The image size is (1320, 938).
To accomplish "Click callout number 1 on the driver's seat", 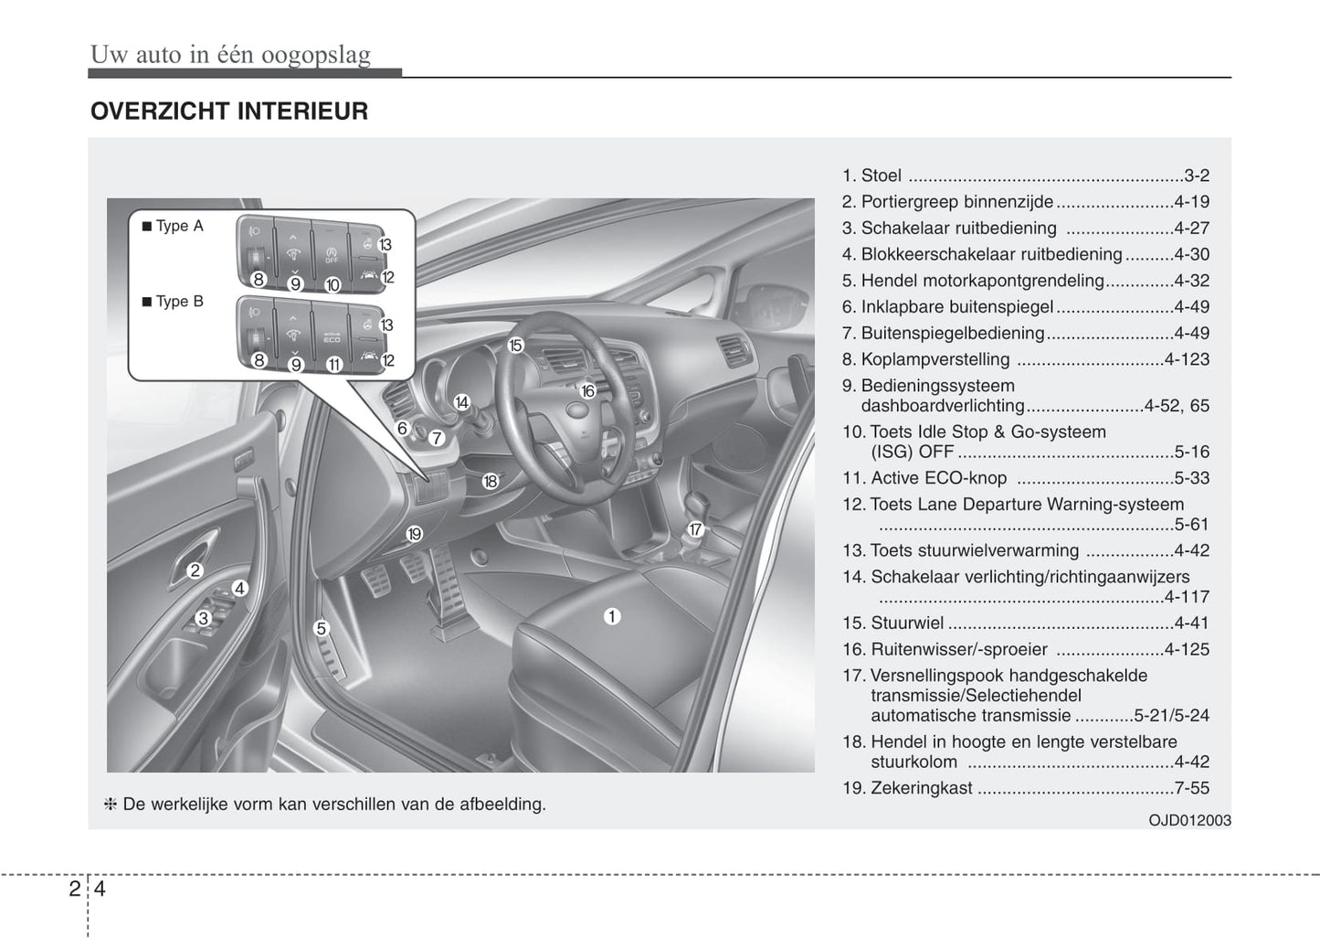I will coord(612,616).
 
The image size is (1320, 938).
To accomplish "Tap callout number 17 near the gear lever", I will coord(695,529).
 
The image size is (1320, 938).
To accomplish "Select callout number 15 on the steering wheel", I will coord(516,345).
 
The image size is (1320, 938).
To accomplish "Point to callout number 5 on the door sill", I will coord(321,628).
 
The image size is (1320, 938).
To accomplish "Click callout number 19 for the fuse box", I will coord(415,534).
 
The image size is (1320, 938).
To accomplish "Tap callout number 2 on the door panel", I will coord(195,570).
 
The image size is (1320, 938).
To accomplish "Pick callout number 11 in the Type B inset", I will coord(333,364).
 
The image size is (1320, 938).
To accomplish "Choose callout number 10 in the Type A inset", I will coord(332,284).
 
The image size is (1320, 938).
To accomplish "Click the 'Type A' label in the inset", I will coord(179,226).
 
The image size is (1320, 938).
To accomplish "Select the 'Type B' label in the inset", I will coord(179,301).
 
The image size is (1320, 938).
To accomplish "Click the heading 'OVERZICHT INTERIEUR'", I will coord(229,112).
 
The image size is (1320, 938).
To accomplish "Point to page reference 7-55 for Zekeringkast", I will coord(1192,788).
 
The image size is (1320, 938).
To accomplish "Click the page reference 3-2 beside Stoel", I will coord(1197,176).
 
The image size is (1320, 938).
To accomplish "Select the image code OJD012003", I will coord(1189,820).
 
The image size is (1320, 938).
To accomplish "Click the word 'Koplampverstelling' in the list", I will coord(935,359).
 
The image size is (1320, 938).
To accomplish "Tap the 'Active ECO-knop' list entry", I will coord(938,478).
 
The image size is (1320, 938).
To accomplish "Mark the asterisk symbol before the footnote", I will coord(111,805).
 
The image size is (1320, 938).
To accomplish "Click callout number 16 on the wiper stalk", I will coord(587,390).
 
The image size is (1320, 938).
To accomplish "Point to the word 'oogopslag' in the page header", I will coord(316,55).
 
